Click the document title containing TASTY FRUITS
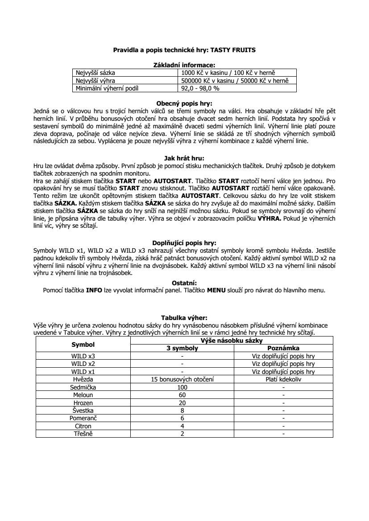click(x=184, y=50)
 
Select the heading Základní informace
click(x=184, y=65)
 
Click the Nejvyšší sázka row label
click(x=95, y=73)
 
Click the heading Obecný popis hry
click(x=184, y=103)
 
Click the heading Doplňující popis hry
click(x=184, y=243)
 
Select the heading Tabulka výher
click(x=184, y=318)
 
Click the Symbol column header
click(x=83, y=345)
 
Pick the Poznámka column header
click(x=283, y=348)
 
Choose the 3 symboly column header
click(x=182, y=348)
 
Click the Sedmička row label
click(x=83, y=387)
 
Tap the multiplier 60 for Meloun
click(x=182, y=395)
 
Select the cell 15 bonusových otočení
click(x=182, y=379)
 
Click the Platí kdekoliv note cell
click(x=283, y=379)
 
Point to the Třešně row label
click(x=83, y=434)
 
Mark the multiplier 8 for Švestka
click(x=182, y=410)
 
